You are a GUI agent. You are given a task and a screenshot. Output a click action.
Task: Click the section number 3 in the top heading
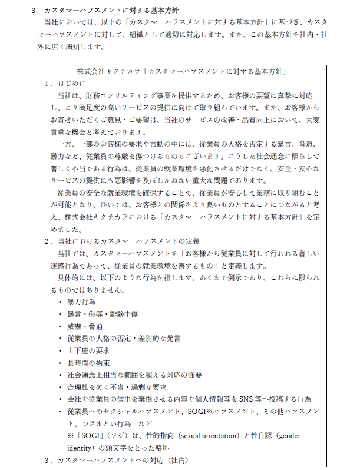[x=34, y=11]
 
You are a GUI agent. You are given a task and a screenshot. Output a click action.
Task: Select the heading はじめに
[x=71, y=84]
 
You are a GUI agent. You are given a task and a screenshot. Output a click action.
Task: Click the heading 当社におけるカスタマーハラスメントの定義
[x=128, y=241]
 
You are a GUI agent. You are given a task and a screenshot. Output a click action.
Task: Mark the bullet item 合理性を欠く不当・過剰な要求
[x=117, y=387]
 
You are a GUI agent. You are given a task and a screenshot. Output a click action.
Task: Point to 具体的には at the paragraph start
[x=73, y=277]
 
